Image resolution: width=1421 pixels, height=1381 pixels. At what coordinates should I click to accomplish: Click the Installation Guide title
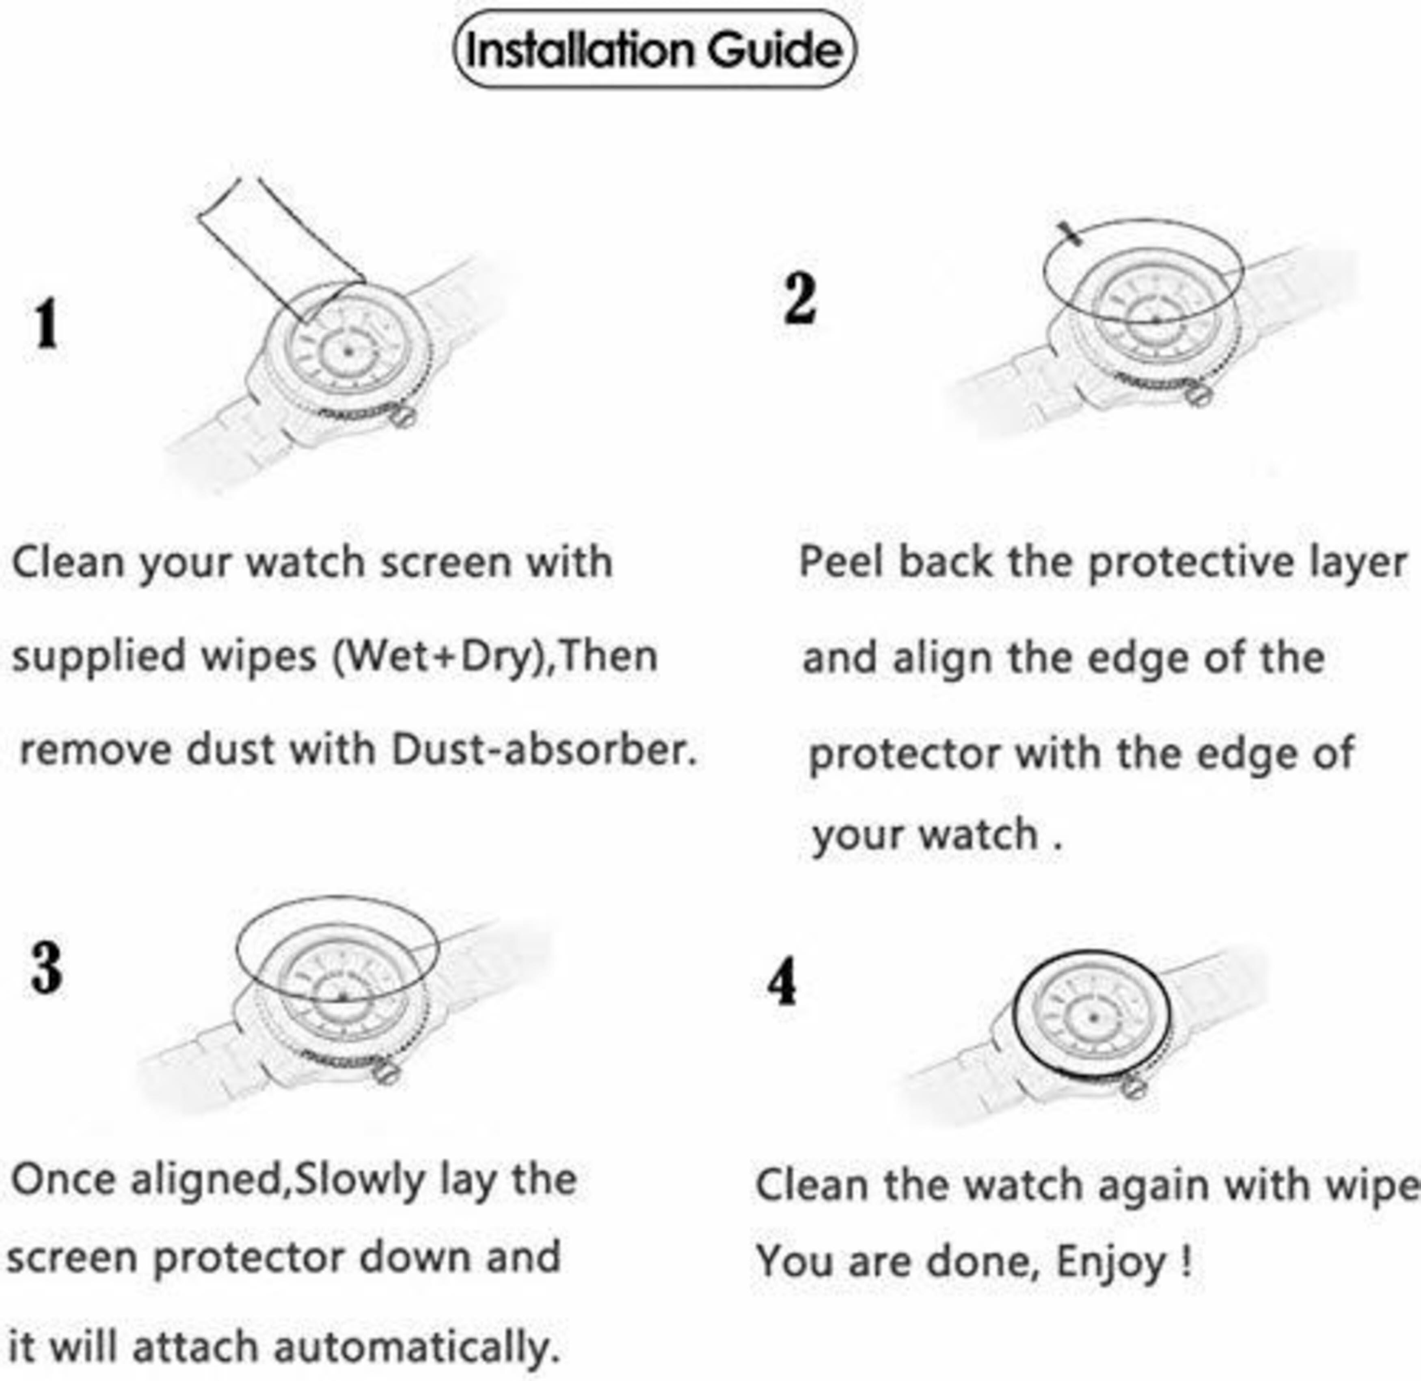[654, 50]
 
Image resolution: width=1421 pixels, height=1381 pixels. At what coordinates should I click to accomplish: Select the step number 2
[799, 299]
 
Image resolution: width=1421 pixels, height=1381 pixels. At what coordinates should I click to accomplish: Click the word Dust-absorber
[544, 750]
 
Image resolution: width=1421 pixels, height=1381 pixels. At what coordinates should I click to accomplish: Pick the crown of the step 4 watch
[1133, 1087]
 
